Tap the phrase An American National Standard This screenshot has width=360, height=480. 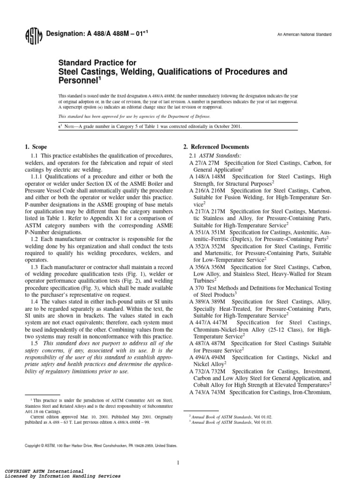point(304,35)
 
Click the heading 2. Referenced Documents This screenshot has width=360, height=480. point(216,147)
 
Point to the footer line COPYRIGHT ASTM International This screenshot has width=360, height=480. point(44,470)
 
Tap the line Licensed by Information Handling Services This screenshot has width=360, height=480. point(62,476)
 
